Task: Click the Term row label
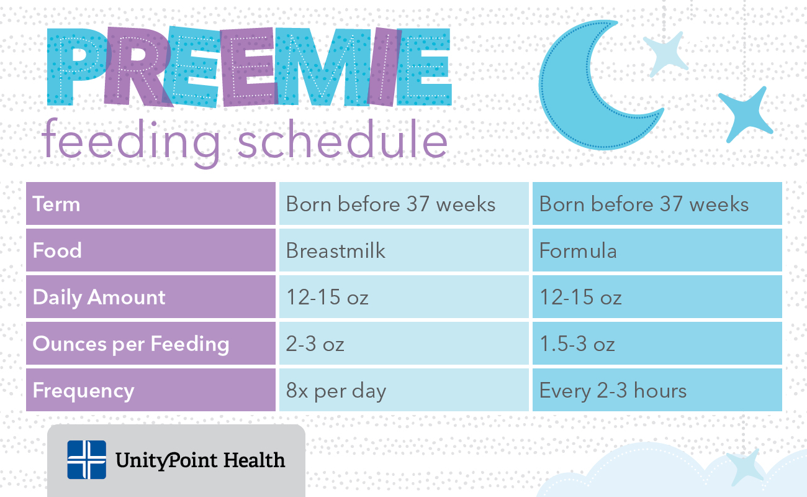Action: coord(56,204)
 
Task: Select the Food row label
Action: coord(57,250)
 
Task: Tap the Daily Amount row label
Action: coord(99,298)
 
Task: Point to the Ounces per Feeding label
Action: coord(131,344)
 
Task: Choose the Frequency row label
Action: coord(83,391)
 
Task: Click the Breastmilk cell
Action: coord(335,250)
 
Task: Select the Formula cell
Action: coord(578,250)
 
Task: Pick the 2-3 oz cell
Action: coord(315,344)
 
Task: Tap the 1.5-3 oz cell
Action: coord(577,344)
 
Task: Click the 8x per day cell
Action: coord(336,391)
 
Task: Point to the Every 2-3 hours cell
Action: coord(613,391)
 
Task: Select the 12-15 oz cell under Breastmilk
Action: coord(327,297)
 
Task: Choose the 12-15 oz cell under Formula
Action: coord(580,297)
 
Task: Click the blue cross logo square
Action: coord(87,460)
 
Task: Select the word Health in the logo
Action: coord(254,460)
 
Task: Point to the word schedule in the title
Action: coord(342,140)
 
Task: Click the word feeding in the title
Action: coord(131,142)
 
